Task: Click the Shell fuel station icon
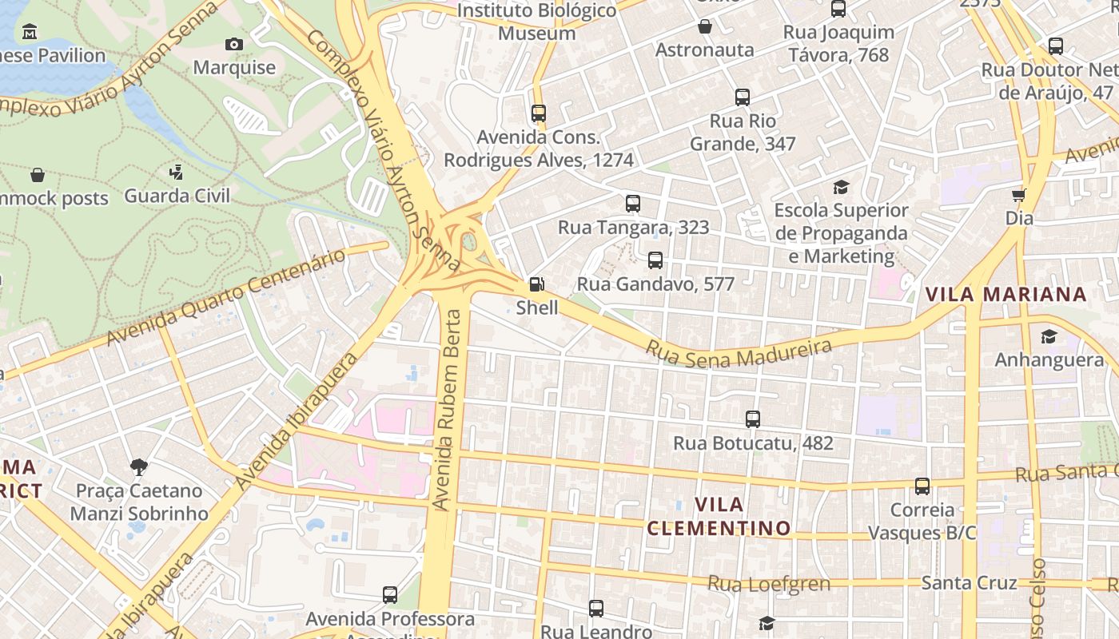coord(537,284)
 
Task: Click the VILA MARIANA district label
coord(1006,294)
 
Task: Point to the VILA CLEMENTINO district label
coord(719,516)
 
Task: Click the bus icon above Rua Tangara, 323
coord(633,204)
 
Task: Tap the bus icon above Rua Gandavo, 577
coord(655,260)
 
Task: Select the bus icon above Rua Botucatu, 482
coord(752,419)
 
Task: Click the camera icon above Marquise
coord(234,44)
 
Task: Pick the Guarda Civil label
coord(177,196)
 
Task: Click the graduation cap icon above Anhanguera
coord(1049,337)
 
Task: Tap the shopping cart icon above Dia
coord(1019,195)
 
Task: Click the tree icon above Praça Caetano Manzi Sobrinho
coord(138,466)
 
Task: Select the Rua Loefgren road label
coord(769,584)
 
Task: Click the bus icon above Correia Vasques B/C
coord(922,486)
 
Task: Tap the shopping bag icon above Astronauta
coord(704,27)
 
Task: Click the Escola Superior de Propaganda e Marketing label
coord(841,233)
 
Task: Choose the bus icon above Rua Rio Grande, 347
coord(743,97)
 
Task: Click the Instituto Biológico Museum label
coord(536,22)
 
